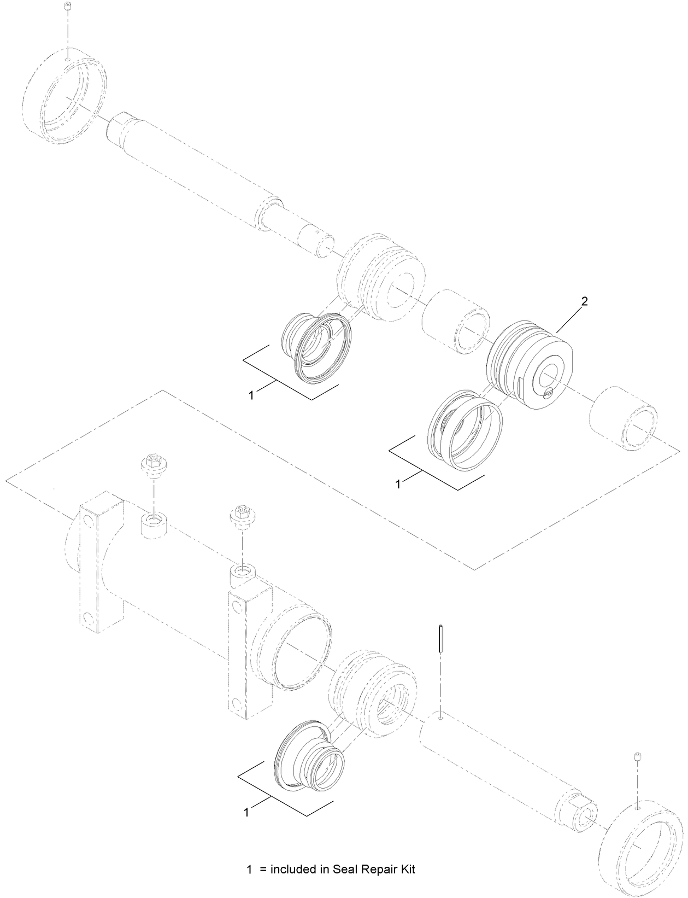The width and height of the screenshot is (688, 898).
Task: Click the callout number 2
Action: tap(584, 300)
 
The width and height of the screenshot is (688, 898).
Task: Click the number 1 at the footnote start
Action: tap(250, 868)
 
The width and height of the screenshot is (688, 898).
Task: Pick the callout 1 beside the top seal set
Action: tap(251, 395)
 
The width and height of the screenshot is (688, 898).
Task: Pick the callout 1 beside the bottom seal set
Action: tap(246, 813)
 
